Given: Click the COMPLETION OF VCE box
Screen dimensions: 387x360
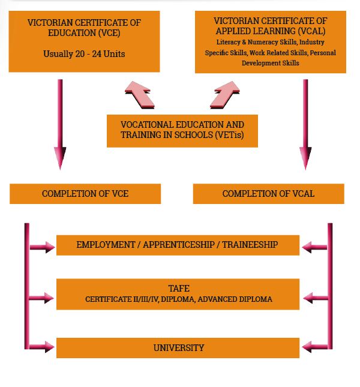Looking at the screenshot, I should point(85,194).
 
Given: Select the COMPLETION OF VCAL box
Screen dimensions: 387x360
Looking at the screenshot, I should point(268,194).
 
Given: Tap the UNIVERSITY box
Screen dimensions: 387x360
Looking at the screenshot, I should point(178,348).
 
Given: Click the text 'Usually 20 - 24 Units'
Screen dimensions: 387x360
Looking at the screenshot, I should point(85,53).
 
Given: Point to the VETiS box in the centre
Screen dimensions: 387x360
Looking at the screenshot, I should point(182,130).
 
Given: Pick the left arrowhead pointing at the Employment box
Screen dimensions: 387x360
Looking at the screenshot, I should point(47,246).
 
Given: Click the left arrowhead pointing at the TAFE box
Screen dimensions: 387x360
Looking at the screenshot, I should point(47,296).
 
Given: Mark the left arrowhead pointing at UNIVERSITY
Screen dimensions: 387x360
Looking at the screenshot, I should point(47,347).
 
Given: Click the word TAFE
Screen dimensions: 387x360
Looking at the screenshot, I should point(178,288).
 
